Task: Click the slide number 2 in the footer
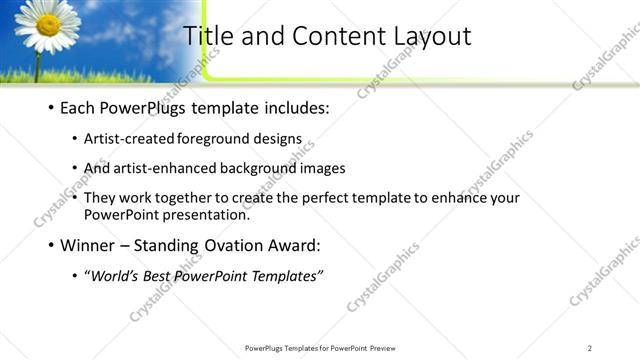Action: click(590, 348)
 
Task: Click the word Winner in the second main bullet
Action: click(89, 244)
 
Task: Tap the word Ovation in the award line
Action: click(234, 244)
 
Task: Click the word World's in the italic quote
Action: click(116, 276)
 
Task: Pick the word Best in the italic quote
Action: click(164, 276)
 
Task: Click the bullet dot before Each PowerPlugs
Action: click(50, 107)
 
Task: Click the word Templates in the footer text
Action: click(300, 348)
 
